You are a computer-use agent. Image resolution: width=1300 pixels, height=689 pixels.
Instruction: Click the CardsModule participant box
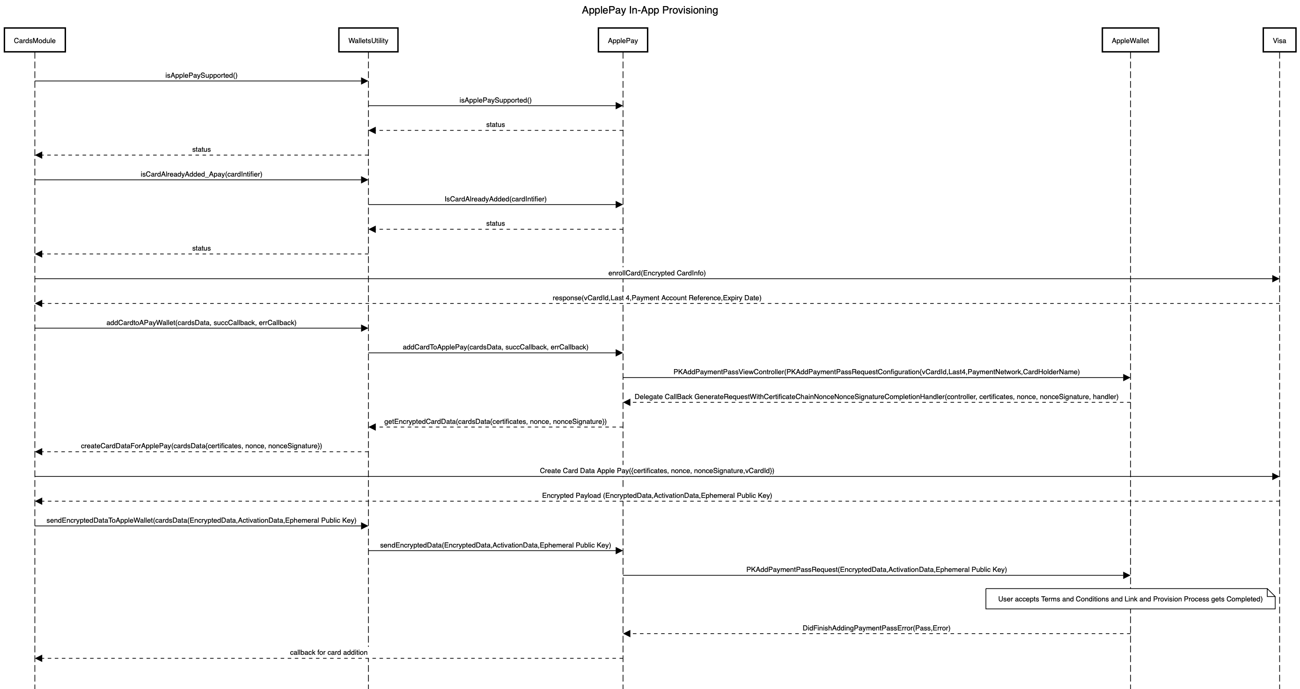[35, 40]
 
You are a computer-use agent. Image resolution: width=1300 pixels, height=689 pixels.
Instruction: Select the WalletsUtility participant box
[368, 40]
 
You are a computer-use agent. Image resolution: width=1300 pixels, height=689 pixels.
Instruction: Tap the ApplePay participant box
[623, 40]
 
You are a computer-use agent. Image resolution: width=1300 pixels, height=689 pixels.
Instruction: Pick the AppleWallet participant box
[1130, 40]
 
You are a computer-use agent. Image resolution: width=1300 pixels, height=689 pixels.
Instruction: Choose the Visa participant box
[1279, 40]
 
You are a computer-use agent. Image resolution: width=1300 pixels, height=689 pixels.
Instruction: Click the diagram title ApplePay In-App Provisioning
[649, 10]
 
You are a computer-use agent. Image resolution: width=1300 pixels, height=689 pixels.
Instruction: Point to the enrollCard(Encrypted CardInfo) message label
[657, 273]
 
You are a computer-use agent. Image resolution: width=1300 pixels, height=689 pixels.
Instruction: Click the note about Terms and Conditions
[1130, 599]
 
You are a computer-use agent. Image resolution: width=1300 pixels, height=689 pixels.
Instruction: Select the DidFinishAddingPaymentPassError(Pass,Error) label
[876, 628]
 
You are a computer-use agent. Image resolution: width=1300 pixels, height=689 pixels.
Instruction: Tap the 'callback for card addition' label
[329, 652]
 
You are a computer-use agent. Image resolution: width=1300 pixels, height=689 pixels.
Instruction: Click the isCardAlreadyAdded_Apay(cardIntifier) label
[201, 174]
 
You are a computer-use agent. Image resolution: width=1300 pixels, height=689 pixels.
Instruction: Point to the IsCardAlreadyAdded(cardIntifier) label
[495, 199]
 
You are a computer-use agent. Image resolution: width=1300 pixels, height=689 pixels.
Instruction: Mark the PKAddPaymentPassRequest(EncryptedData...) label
[876, 570]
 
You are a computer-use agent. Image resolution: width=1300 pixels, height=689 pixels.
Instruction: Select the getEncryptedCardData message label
[495, 422]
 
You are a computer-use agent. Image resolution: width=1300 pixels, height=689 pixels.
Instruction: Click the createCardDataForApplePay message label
[201, 446]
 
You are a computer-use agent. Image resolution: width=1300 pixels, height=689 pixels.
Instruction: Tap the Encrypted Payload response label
[657, 496]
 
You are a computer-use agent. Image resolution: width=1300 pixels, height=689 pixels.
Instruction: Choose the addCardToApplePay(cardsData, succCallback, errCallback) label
[495, 347]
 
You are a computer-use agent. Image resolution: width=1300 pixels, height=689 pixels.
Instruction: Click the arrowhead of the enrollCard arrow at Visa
[1275, 279]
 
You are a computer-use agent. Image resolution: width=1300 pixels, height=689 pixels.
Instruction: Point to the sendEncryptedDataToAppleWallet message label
[201, 520]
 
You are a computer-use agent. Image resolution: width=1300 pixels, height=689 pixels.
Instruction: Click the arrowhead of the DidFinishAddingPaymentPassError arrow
[627, 633]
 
